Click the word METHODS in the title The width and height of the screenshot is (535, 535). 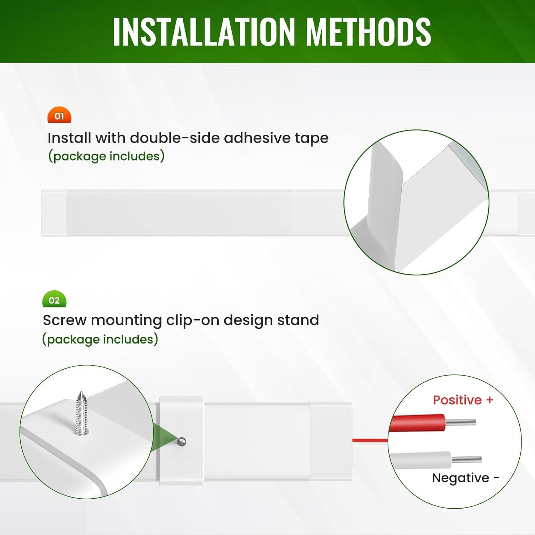[x=369, y=32]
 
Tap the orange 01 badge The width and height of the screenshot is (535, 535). [x=60, y=116]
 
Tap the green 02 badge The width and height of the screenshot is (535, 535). [x=54, y=300]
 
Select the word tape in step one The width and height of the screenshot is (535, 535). [x=311, y=138]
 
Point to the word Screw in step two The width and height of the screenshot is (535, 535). [x=65, y=320]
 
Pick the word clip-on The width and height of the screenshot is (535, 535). [x=193, y=320]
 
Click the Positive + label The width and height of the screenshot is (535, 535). [x=463, y=400]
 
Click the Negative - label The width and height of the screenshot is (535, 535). [x=465, y=478]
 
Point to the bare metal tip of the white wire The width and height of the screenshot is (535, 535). [x=467, y=460]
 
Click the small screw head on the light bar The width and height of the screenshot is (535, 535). [x=182, y=442]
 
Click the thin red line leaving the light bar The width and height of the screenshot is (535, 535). [x=370, y=440]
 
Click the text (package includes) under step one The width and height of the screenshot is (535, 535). [x=106, y=156]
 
